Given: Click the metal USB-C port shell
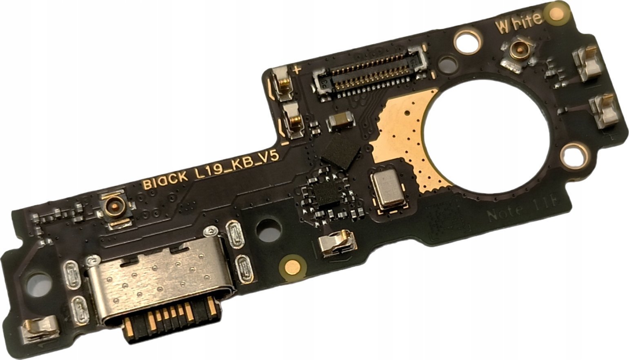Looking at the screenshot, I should point(159,282).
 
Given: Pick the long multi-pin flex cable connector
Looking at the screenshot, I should point(370,71).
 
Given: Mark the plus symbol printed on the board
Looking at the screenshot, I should point(297,69).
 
